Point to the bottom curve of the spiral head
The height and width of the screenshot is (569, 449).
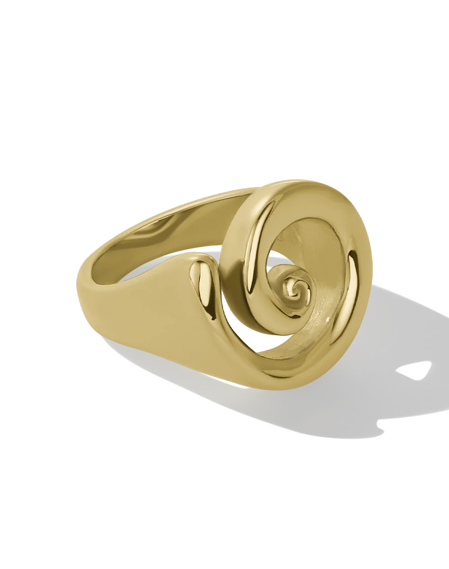click(x=297, y=376)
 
